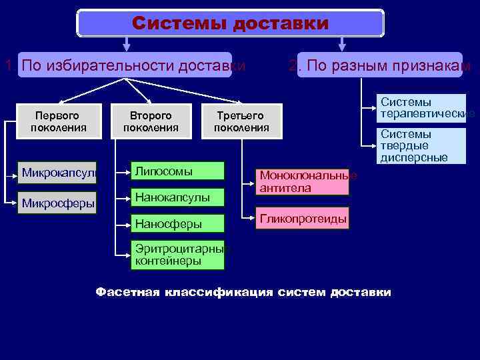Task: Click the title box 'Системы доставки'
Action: [x=231, y=23]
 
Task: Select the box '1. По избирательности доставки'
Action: [x=125, y=65]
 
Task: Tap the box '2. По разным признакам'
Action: [x=379, y=65]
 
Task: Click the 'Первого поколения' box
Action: [x=59, y=121]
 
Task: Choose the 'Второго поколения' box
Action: [x=151, y=121]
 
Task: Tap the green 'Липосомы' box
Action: [x=177, y=171]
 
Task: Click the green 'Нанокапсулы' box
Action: [x=177, y=197]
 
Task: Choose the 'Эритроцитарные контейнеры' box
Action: [x=177, y=255]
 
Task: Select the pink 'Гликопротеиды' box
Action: [x=303, y=218]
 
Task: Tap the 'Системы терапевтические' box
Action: [x=420, y=109]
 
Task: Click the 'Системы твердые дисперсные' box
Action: [x=420, y=146]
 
